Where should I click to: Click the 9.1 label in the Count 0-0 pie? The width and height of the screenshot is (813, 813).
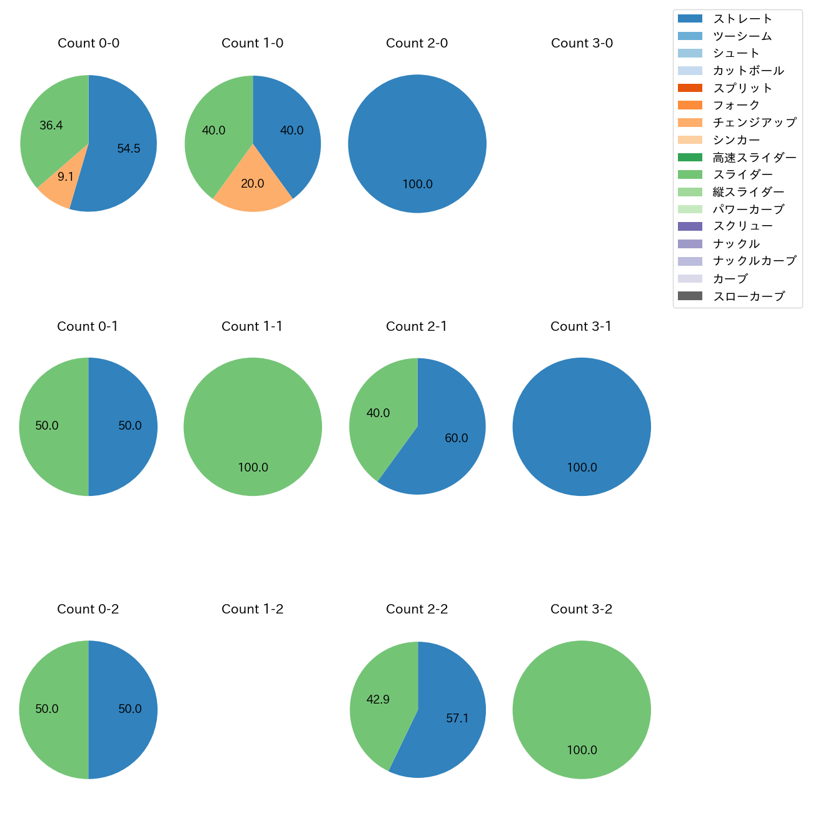pos(66,177)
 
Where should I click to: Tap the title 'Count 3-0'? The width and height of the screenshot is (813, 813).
pos(582,43)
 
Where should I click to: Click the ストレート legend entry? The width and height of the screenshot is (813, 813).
pos(742,19)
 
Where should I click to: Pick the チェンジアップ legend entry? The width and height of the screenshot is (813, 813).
pos(754,123)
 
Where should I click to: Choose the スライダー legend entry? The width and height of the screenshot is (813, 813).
pos(742,174)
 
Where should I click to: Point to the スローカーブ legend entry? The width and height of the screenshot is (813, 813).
pos(749,296)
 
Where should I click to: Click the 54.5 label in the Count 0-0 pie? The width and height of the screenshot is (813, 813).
pos(129,149)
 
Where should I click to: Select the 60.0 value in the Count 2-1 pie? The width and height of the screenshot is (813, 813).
pos(457,438)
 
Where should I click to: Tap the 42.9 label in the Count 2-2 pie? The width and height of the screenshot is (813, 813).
pos(378,699)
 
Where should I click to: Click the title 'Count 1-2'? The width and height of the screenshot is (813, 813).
pos(252,609)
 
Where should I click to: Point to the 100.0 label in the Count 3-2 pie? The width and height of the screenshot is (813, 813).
pos(582,750)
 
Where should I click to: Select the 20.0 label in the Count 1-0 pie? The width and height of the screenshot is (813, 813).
pos(253,184)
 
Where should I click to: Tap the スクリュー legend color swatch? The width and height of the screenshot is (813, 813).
pos(690,226)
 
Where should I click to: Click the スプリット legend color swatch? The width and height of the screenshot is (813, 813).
pos(690,88)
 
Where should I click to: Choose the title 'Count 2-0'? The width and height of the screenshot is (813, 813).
pos(417,43)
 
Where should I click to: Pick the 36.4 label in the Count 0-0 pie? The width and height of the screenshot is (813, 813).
pos(51,126)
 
